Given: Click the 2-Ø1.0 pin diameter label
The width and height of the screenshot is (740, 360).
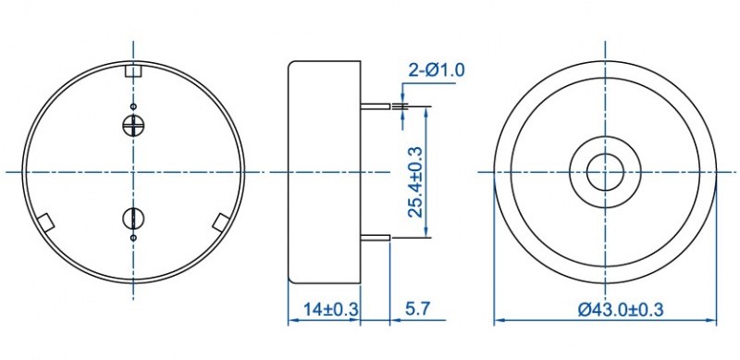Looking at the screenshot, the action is (x=436, y=70).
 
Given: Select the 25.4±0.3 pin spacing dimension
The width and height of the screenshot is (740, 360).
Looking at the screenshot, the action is (x=415, y=182).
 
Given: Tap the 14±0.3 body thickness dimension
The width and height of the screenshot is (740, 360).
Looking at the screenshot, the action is (x=331, y=309).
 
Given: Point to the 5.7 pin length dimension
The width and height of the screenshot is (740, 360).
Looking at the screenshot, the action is (x=418, y=309).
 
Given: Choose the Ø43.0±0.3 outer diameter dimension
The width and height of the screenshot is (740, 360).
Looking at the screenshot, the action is (x=621, y=309).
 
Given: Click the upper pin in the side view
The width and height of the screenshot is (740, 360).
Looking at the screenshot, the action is (x=376, y=106).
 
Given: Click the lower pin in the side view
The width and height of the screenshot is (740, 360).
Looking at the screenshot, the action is (x=376, y=238).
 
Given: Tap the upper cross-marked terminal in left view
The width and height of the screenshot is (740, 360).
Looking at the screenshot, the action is (x=133, y=125).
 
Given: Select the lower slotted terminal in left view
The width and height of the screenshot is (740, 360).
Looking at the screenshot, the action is (x=133, y=217).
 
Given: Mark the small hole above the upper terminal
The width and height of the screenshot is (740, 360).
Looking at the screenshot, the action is (x=133, y=106).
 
